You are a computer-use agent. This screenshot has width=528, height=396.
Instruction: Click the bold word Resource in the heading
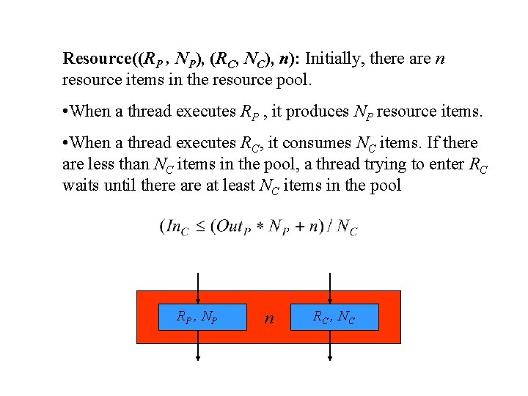tap(95, 58)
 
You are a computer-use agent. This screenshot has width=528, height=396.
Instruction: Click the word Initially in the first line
tap(334, 58)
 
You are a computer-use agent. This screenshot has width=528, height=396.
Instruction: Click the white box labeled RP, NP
tap(197, 317)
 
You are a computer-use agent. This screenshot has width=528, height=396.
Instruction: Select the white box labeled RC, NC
tap(334, 317)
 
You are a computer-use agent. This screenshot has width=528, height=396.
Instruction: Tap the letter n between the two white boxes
tap(269, 318)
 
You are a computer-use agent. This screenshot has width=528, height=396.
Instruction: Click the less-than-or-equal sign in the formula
tap(200, 227)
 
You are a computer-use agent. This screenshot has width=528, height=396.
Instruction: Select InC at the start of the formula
tap(177, 227)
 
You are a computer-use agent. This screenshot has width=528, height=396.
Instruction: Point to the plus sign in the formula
tap(298, 227)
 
